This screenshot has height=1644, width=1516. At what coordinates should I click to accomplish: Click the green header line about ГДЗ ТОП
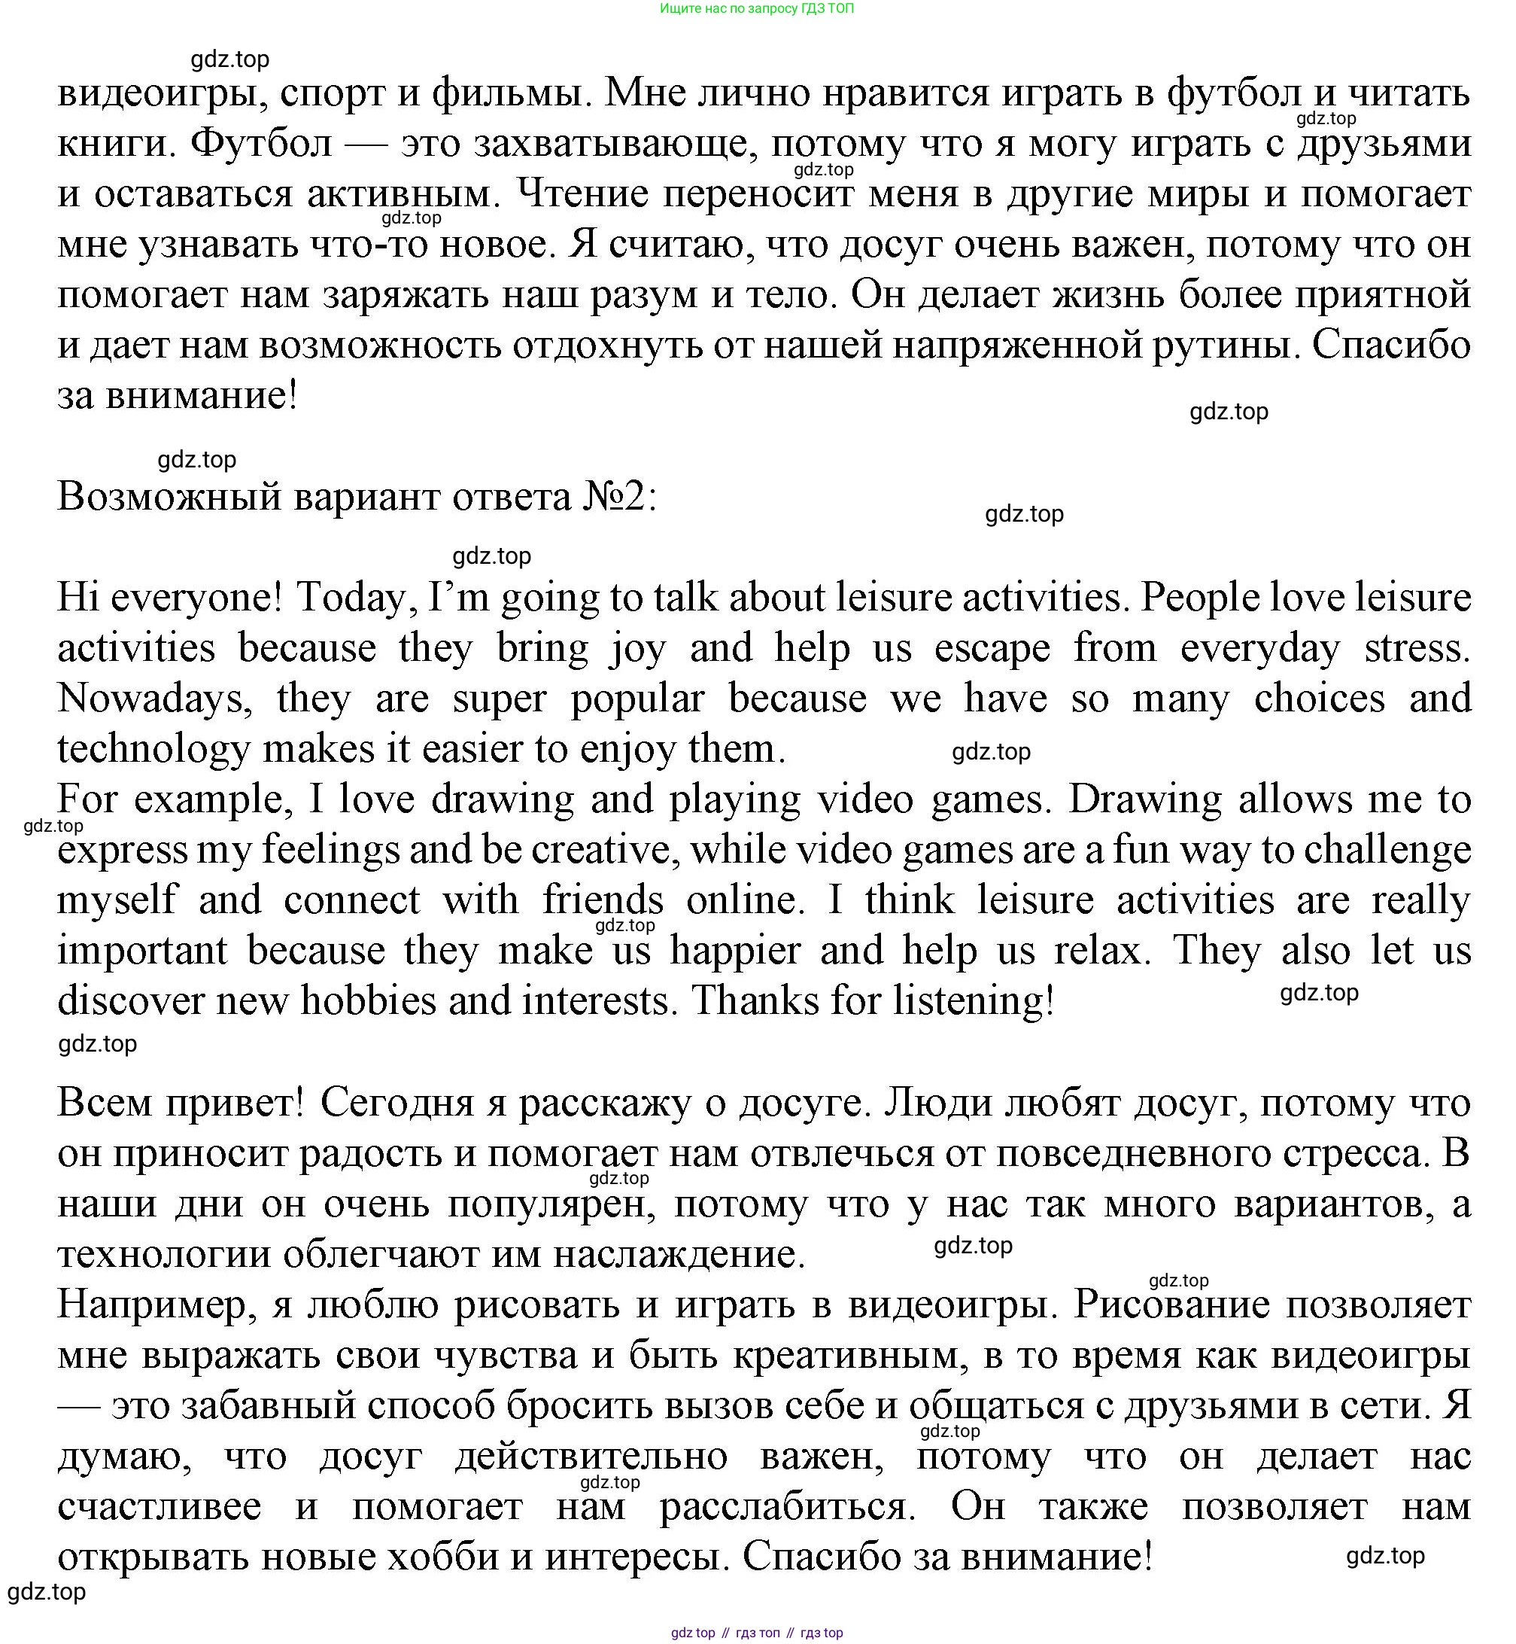click(x=756, y=9)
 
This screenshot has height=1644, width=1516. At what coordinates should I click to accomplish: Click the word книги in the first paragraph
click(x=112, y=145)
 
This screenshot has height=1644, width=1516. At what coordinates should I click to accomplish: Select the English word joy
click(x=639, y=649)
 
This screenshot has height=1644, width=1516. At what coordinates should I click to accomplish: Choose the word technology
click(x=153, y=750)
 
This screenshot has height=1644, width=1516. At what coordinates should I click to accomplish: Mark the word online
click(x=741, y=900)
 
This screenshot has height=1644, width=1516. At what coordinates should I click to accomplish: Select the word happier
click(x=735, y=951)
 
